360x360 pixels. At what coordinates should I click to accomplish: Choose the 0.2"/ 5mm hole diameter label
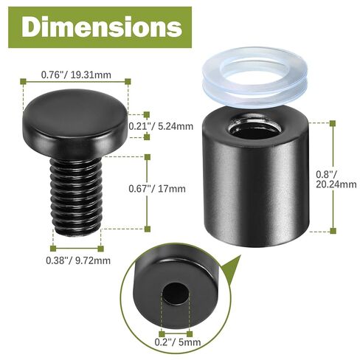click(176, 341)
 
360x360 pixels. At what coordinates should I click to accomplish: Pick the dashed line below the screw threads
click(76, 247)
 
